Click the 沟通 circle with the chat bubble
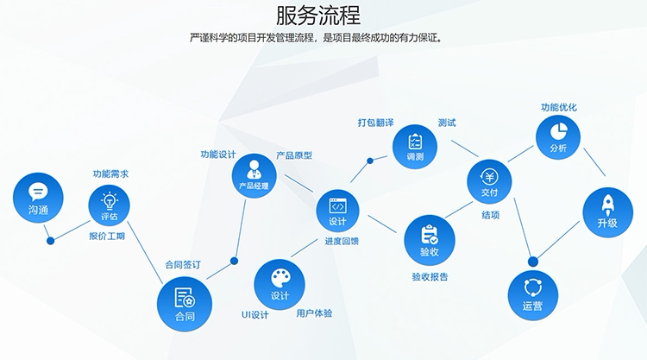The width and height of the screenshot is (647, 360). tap(38, 198)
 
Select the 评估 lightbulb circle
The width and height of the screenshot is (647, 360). tap(109, 205)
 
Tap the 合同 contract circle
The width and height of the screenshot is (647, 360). tap(185, 304)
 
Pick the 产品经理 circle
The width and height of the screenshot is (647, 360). tap(254, 176)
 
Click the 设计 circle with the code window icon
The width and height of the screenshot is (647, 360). tap(337, 211)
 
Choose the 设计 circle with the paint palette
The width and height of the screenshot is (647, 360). tap(280, 284)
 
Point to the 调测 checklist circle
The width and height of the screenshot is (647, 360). tap(415, 147)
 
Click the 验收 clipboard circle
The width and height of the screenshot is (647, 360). tap(430, 240)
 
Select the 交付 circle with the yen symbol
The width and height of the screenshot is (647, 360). tap(489, 181)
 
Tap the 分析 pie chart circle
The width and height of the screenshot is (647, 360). tap(558, 137)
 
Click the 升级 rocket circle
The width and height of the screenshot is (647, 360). tap(608, 212)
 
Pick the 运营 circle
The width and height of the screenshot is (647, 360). tap(533, 294)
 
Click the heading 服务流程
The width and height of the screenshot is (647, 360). tap(318, 16)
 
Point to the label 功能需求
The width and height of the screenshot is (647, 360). tap(110, 174)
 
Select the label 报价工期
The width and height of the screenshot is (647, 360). tap(107, 237)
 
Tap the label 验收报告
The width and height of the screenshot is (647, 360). tap(430, 276)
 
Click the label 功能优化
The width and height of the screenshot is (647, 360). tap(559, 107)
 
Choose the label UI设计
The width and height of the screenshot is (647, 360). tap(255, 315)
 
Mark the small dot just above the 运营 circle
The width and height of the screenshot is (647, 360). tap(533, 262)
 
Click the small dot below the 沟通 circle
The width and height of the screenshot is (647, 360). tap(50, 241)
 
